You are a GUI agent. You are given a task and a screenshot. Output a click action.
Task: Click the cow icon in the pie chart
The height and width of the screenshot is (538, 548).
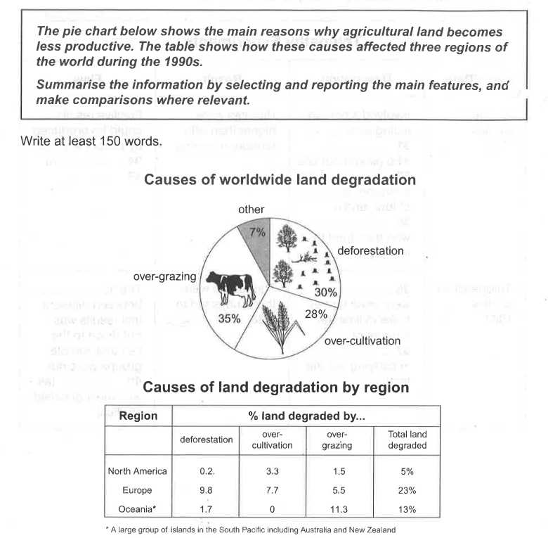(231, 288)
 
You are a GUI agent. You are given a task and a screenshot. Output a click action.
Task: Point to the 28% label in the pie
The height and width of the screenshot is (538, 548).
(316, 314)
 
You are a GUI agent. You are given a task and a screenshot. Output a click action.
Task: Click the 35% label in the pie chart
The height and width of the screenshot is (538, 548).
(230, 318)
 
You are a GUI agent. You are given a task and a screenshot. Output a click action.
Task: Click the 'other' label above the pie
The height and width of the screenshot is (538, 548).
(252, 209)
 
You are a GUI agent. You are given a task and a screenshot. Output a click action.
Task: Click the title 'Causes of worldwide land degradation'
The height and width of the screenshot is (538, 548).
(280, 180)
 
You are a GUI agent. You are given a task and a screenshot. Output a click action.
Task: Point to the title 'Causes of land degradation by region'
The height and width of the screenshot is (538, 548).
(276, 387)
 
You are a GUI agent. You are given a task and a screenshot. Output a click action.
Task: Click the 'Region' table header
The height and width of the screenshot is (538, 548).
(138, 416)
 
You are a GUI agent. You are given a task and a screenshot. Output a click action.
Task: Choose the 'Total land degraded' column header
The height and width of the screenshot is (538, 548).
(407, 440)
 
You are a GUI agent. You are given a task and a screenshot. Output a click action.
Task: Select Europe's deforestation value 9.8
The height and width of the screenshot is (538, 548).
(206, 490)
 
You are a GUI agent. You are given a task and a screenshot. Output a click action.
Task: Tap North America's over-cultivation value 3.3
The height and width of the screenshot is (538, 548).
(274, 471)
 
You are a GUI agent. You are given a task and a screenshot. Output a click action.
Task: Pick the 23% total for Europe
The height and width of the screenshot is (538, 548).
(407, 490)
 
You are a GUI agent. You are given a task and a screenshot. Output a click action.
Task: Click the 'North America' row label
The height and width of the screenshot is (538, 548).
(138, 471)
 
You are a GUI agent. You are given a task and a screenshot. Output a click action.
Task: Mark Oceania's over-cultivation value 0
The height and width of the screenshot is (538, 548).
(274, 510)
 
